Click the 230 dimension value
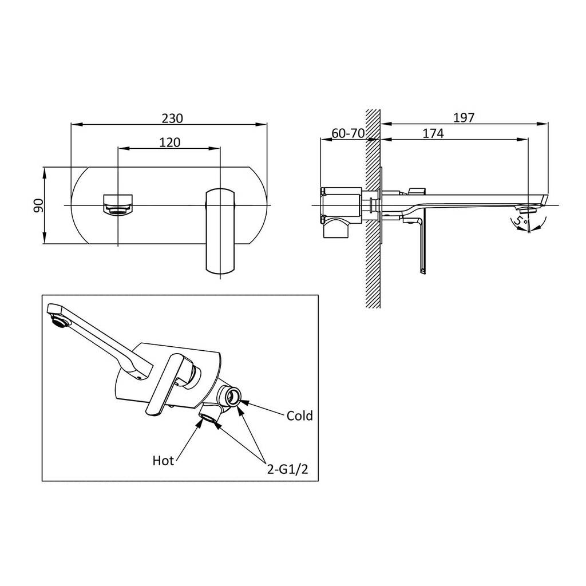172,118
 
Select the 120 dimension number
169,142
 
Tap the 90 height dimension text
38,205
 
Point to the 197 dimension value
464,118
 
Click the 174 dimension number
433,133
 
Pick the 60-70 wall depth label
348,133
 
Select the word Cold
299,415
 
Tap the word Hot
163,461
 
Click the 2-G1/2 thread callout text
287,469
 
